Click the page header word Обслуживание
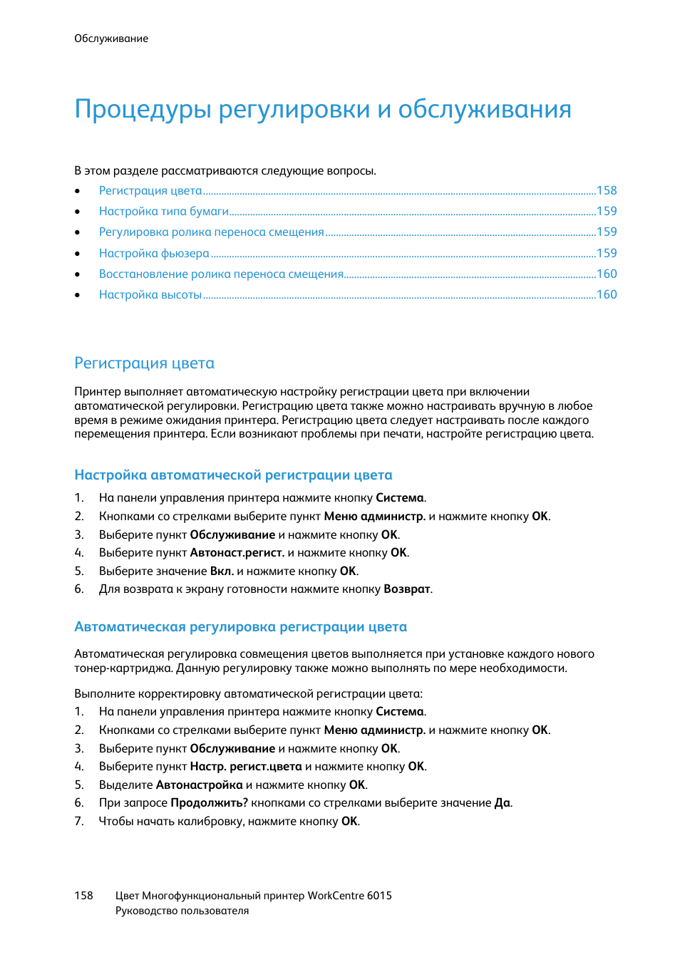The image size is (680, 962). tap(111, 38)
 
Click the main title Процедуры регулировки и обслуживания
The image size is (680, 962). tap(322, 109)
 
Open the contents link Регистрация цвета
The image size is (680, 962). tap(150, 190)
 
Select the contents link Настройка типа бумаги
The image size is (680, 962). tap(164, 211)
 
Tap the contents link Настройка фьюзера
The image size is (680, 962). tap(154, 253)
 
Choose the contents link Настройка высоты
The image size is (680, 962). tap(150, 294)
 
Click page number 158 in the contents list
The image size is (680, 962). tap(607, 190)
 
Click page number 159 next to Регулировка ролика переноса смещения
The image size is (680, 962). tap(607, 232)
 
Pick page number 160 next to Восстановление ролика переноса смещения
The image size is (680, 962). tap(607, 274)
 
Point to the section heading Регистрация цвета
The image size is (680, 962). tap(144, 363)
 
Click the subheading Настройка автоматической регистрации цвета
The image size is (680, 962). tap(233, 475)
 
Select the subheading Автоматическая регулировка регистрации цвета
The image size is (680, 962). tap(240, 627)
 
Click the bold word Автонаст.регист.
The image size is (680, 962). tap(237, 553)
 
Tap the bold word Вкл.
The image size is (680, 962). tap(222, 571)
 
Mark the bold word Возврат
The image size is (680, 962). tap(407, 589)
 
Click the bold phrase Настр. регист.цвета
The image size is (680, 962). tap(246, 767)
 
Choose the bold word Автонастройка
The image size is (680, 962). tap(199, 785)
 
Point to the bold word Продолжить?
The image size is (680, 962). tap(209, 803)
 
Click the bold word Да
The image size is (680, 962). tap(503, 803)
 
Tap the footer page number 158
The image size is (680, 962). tap(83, 896)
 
